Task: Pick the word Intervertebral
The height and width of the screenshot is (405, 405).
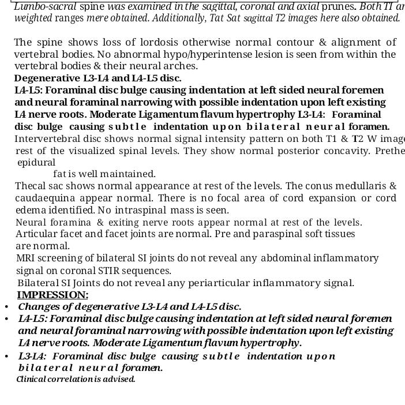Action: point(48,138)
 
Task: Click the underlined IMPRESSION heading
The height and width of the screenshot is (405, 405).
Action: point(52,295)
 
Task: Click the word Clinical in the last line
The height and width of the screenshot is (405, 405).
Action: point(29,379)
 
